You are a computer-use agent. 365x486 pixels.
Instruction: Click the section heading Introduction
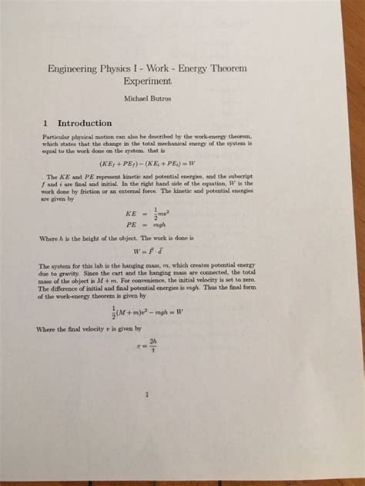click(85, 123)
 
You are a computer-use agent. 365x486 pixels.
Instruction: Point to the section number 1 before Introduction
click(46, 123)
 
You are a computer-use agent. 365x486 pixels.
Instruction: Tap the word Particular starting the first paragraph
click(58, 136)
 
